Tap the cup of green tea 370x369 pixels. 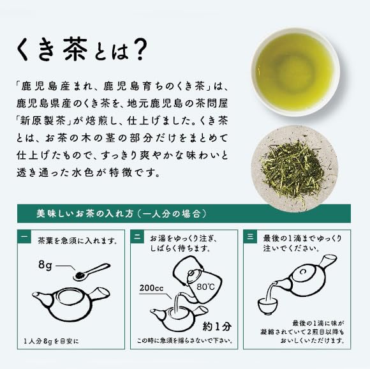point(295,72)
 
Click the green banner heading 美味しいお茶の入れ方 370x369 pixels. point(121,214)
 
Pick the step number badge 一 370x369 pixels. point(24,236)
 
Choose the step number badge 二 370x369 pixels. point(137,236)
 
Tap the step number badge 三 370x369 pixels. point(250,236)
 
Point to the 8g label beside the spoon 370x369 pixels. point(45,266)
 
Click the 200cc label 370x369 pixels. point(151,288)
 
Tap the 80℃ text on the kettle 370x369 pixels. point(205,287)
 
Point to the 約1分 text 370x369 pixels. point(217,326)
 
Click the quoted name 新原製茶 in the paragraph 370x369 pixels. point(43,121)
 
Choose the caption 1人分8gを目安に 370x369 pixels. point(52,342)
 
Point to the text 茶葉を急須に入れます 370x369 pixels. point(78,241)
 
